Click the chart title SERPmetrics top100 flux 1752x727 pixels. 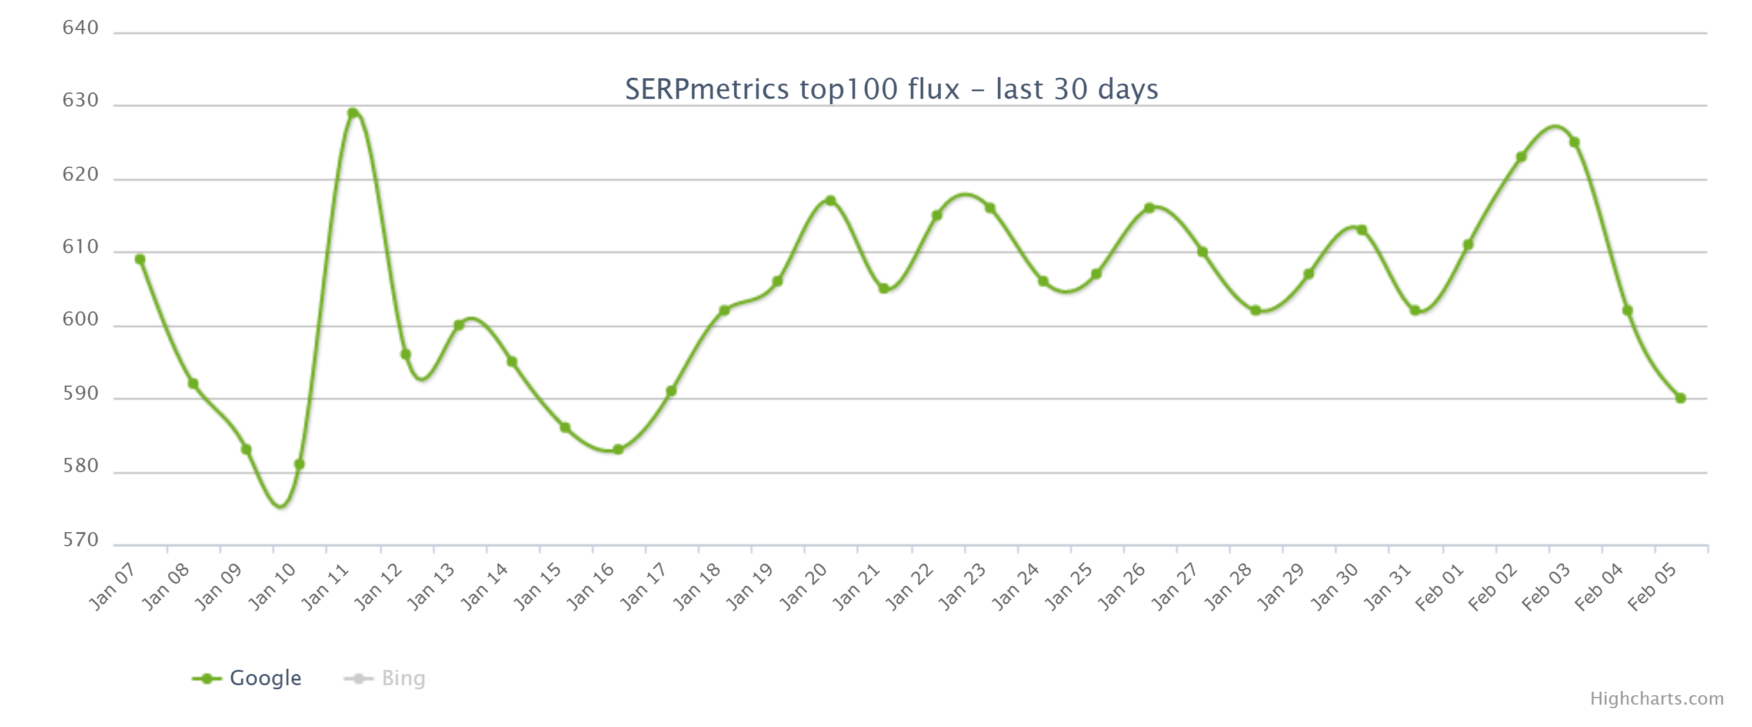pos(891,89)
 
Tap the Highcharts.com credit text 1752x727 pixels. pos(1656,698)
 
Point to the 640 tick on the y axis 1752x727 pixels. pos(80,28)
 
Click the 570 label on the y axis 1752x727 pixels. pos(80,540)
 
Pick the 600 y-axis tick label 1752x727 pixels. pos(80,319)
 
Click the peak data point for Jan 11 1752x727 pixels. pos(352,113)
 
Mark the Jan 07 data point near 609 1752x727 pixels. pos(140,260)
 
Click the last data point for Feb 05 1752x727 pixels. pos(1681,398)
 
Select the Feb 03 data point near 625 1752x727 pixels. pos(1574,142)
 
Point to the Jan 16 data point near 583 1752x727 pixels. pos(618,449)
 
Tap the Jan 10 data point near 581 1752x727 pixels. pos(299,464)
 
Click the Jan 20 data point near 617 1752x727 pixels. pos(831,201)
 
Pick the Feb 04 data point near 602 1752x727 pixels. pos(1627,310)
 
